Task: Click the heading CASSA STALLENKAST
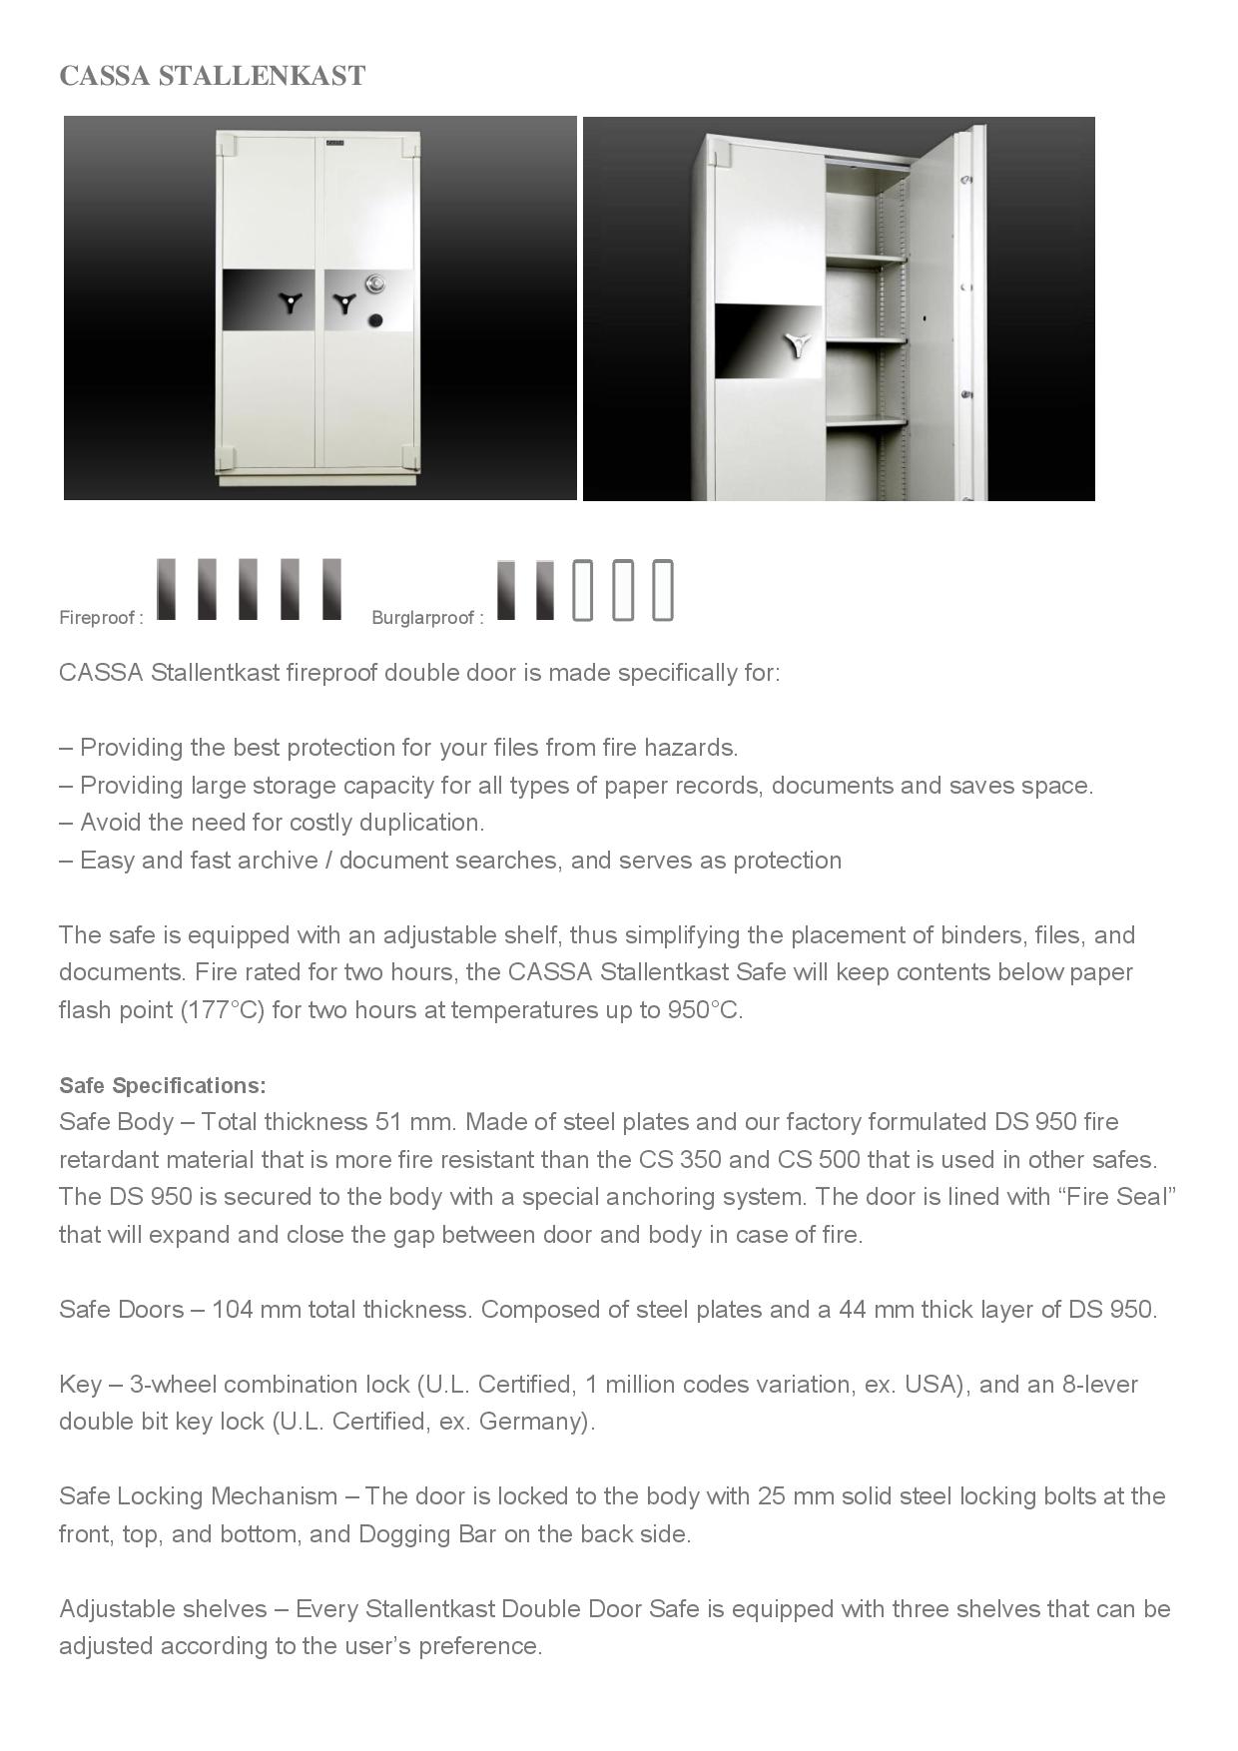click(x=213, y=76)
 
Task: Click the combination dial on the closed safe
click(x=374, y=284)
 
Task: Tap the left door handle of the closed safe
click(x=291, y=302)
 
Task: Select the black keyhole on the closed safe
click(x=375, y=320)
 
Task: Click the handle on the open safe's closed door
click(x=798, y=345)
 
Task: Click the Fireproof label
click(x=101, y=618)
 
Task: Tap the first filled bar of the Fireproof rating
click(x=167, y=589)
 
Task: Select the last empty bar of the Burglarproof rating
click(x=663, y=590)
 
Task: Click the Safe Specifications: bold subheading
click(x=163, y=1085)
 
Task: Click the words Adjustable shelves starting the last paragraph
click(x=163, y=1609)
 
